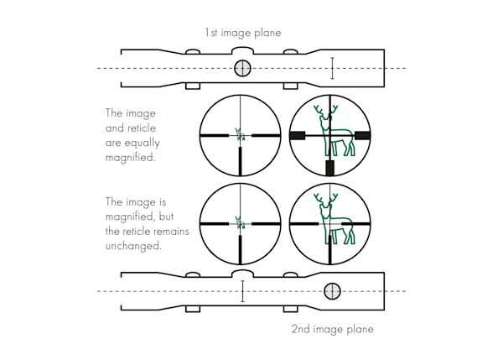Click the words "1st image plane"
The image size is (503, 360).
pos(242,33)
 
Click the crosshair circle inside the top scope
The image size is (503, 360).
pos(242,68)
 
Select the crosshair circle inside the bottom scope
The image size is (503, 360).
pos(333,290)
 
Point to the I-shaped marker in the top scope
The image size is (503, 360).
pos(332,68)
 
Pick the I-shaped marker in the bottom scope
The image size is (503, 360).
pos(242,290)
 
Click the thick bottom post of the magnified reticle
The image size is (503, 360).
pos(329,167)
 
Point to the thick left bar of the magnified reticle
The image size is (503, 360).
pos(297,135)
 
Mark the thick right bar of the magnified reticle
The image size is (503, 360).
pos(362,135)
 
